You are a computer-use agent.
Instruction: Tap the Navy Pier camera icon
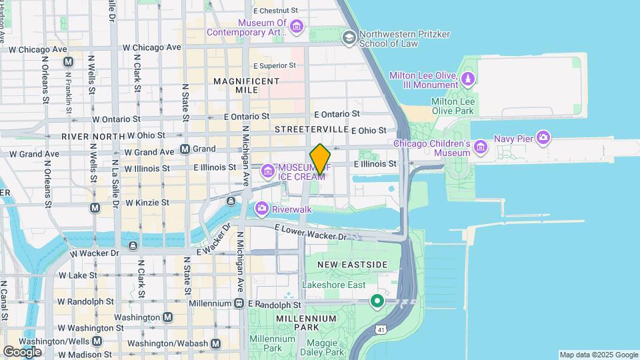[x=544, y=138]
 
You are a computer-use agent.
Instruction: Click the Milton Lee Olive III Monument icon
[x=469, y=81]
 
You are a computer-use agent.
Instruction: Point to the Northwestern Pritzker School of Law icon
[x=349, y=37]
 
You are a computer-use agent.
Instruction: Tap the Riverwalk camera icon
[x=262, y=209]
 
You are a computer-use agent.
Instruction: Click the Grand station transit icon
[x=185, y=149]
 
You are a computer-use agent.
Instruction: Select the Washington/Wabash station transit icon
[x=215, y=343]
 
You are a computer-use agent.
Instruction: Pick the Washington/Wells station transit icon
[x=97, y=341]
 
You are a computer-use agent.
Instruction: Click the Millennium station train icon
[x=239, y=303]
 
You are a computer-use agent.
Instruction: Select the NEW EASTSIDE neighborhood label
[x=352, y=265]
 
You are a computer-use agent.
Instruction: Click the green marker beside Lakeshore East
[x=377, y=301]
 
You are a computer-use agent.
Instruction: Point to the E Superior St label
[x=275, y=66]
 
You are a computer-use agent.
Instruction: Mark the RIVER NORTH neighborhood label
[x=93, y=136]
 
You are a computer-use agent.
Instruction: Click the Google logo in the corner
[x=22, y=352]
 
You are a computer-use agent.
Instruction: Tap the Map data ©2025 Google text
[x=599, y=355]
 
